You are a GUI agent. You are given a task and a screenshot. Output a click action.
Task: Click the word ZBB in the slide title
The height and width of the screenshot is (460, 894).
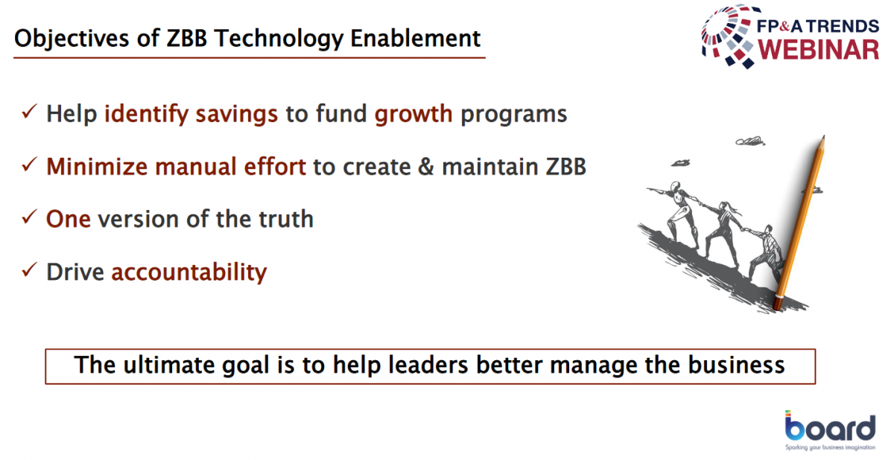186,39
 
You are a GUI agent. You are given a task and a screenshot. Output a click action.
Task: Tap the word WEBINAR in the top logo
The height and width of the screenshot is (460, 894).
818,50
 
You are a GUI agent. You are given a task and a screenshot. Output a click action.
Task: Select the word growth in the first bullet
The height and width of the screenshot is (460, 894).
413,114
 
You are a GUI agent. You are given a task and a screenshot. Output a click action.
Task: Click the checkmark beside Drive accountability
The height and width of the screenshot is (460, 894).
30,270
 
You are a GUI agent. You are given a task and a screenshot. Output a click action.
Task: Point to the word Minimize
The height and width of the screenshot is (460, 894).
97,166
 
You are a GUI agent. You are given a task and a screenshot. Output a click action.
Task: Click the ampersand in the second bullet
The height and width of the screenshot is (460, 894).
426,167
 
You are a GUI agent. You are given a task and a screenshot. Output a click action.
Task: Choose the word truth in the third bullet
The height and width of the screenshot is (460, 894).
286,219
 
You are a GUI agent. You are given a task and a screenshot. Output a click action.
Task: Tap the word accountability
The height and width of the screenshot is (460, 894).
188,272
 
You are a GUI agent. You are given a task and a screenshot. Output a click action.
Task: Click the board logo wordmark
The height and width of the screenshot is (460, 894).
830,427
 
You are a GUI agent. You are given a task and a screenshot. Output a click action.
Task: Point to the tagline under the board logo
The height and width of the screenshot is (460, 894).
830,447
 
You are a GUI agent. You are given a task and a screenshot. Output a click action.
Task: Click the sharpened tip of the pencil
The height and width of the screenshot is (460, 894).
823,138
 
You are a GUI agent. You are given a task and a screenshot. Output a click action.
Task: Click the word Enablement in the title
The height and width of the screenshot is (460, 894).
415,39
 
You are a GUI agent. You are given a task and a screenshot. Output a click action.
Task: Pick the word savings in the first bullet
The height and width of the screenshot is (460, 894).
236,114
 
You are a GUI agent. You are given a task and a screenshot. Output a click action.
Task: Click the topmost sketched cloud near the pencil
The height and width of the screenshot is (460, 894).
750,141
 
